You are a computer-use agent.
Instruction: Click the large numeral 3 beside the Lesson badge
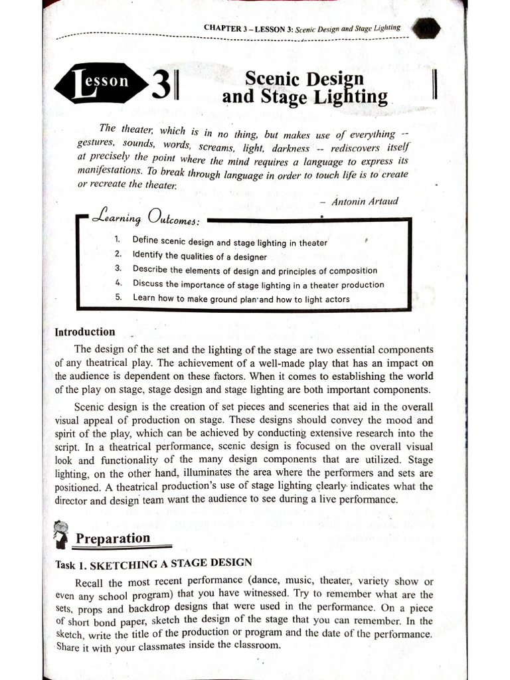160,86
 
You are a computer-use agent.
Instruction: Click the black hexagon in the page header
425,29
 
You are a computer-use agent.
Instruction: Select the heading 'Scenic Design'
305,79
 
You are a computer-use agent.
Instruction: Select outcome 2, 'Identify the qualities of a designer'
199,256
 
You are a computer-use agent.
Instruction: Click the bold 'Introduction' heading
85,332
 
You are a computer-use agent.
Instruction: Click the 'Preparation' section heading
113,538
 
